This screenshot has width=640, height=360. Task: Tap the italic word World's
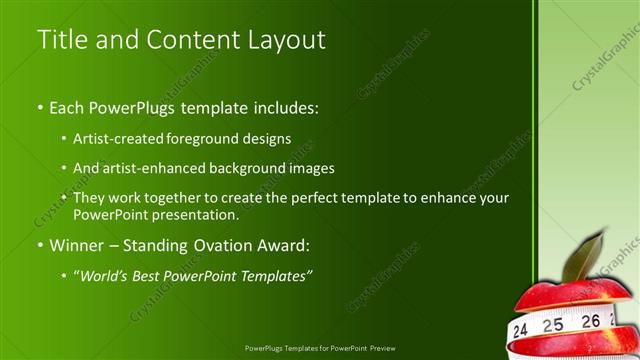(x=108, y=275)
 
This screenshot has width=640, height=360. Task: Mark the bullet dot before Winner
(x=40, y=245)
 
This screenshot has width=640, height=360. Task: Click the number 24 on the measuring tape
(x=520, y=329)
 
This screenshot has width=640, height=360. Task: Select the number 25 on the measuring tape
(x=553, y=324)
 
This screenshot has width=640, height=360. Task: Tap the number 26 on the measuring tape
(x=591, y=321)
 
